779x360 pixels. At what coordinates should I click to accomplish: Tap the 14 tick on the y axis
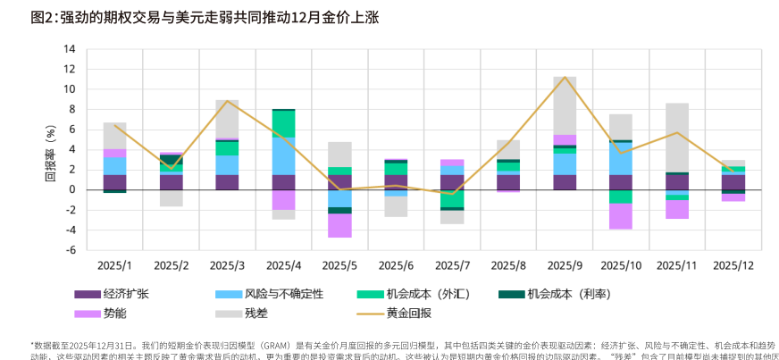pyautogui.click(x=69, y=48)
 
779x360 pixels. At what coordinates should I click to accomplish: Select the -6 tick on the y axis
pyautogui.click(x=69, y=250)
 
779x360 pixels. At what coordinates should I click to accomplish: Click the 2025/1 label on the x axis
pyautogui.click(x=114, y=265)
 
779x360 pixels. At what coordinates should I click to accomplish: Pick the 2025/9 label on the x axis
pyautogui.click(x=565, y=265)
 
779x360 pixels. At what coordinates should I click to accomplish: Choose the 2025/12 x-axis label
pyautogui.click(x=733, y=265)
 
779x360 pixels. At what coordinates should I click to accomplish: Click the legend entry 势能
pyautogui.click(x=113, y=314)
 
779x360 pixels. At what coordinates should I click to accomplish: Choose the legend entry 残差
pyautogui.click(x=255, y=314)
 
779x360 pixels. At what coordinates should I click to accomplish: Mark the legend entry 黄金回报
pyautogui.click(x=408, y=314)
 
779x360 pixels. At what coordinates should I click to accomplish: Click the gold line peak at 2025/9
pyautogui.click(x=565, y=77)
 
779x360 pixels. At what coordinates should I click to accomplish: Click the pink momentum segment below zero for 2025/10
pyautogui.click(x=621, y=216)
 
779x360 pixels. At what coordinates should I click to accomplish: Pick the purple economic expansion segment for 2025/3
pyautogui.click(x=227, y=181)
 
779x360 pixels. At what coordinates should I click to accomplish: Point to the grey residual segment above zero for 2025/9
pyautogui.click(x=565, y=105)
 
